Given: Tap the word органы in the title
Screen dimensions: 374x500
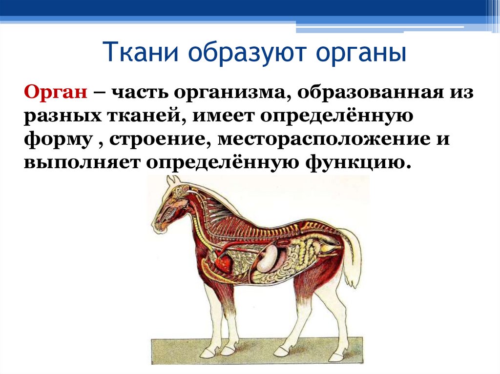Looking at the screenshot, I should pyautogui.click(x=361, y=53).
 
